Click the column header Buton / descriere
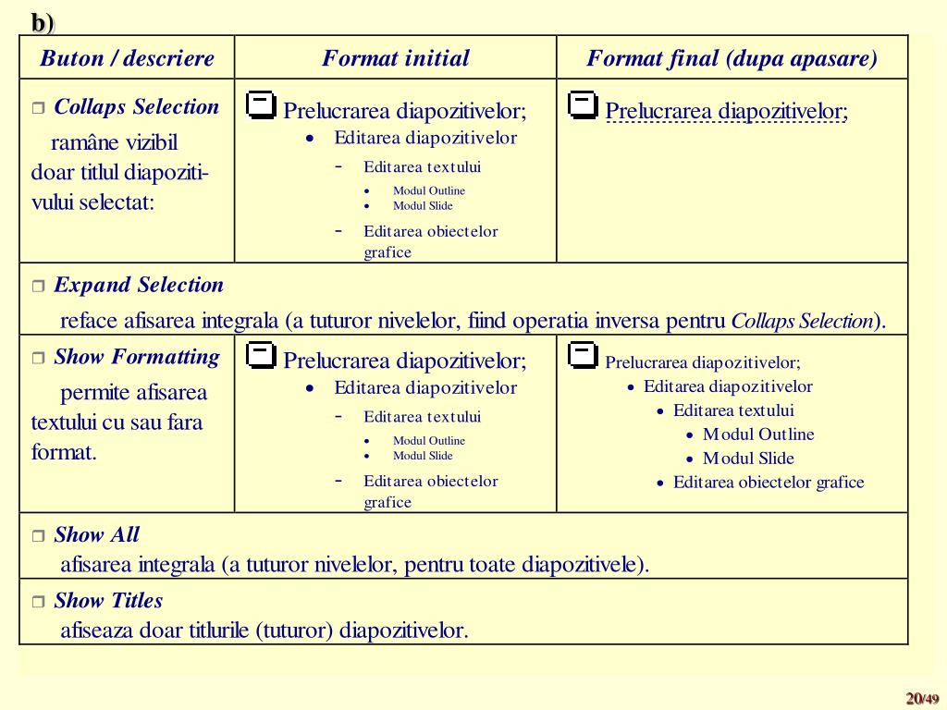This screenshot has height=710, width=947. click(x=127, y=58)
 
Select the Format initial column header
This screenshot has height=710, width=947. click(x=395, y=58)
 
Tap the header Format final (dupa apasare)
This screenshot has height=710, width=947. click(x=732, y=58)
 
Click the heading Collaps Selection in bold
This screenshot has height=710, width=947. click(x=136, y=106)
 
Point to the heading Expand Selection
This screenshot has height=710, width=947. click(x=139, y=285)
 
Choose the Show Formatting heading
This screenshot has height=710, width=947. click(x=137, y=357)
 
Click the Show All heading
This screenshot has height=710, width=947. click(x=96, y=534)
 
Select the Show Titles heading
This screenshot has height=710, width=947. click(x=108, y=600)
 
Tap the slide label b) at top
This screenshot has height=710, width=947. click(x=43, y=22)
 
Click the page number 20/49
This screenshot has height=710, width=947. click(x=922, y=698)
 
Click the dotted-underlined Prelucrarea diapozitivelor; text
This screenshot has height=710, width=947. click(x=726, y=112)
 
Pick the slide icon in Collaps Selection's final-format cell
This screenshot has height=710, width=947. click(x=583, y=104)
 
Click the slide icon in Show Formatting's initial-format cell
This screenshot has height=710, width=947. click(x=262, y=354)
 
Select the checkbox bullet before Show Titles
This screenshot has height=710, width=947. click(x=38, y=602)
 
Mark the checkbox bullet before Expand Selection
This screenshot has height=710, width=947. click(x=38, y=287)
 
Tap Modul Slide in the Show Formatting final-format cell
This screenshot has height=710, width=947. click(x=748, y=458)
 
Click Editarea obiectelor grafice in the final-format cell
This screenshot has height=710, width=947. click(x=768, y=482)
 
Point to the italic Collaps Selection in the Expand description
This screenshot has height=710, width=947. click(x=802, y=322)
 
